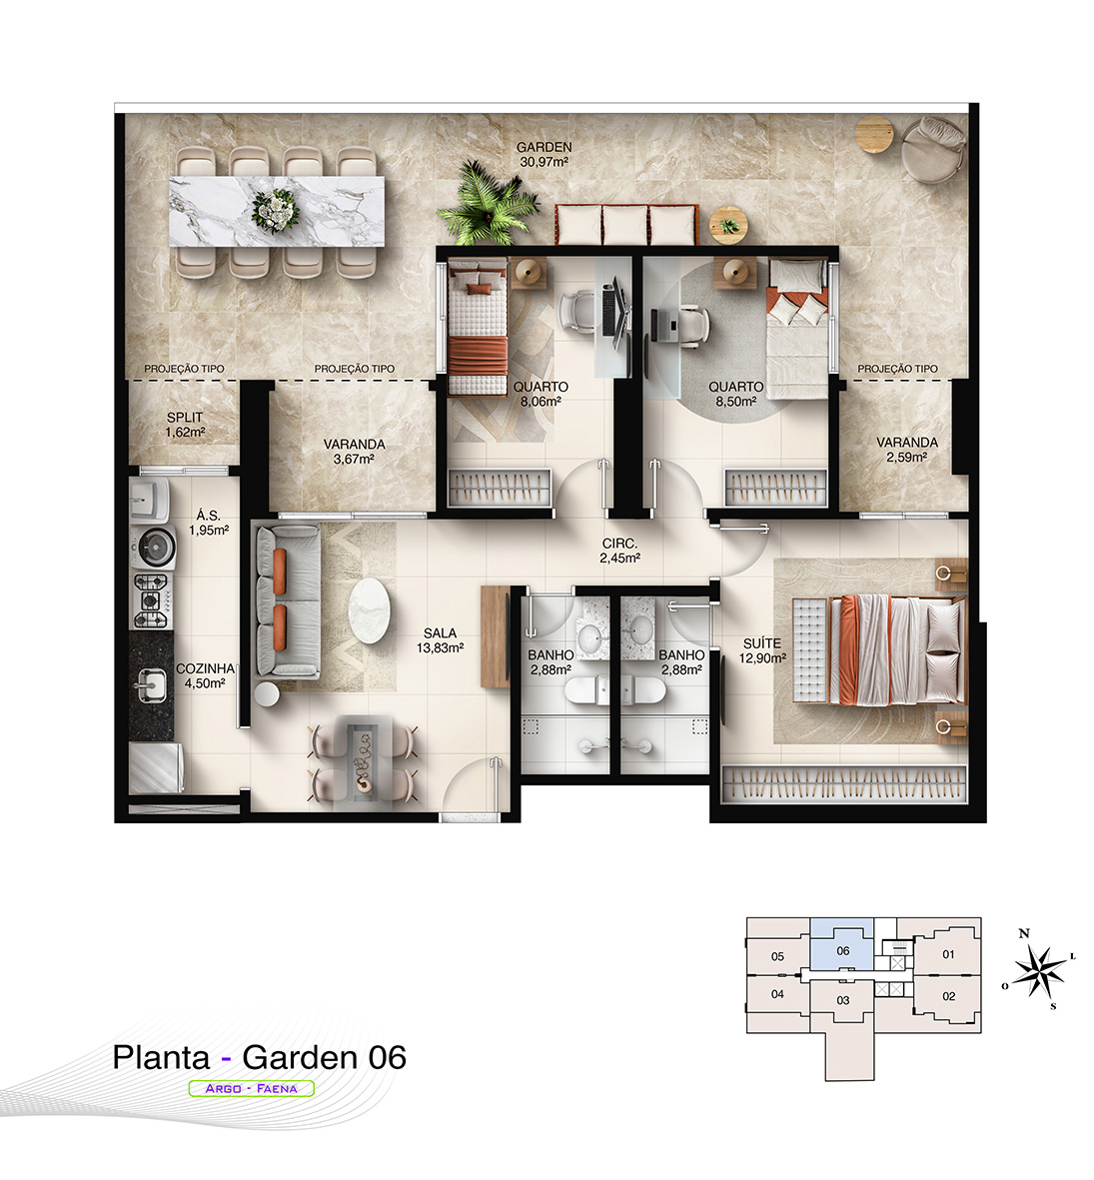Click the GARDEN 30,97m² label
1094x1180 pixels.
pyautogui.click(x=544, y=154)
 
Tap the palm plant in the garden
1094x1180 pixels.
pyautogui.click(x=490, y=203)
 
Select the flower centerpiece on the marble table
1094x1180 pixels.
pyautogui.click(x=276, y=209)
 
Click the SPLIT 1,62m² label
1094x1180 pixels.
pyautogui.click(x=185, y=425)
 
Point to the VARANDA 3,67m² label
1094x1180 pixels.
pyautogui.click(x=355, y=452)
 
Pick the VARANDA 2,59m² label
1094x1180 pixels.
pyautogui.click(x=906, y=450)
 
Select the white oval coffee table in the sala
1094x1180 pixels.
pyautogui.click(x=371, y=610)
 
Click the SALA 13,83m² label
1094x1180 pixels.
pyautogui.click(x=441, y=640)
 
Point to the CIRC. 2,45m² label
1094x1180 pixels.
pyautogui.click(x=620, y=551)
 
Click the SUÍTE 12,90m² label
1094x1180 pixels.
pyautogui.click(x=762, y=650)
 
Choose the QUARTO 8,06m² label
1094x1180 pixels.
pyautogui.click(x=541, y=394)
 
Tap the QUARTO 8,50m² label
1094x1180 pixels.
pyautogui.click(x=736, y=394)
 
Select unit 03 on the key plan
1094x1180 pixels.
pyautogui.click(x=843, y=1000)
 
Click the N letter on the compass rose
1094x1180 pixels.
pyautogui.click(x=1024, y=933)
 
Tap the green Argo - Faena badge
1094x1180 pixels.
pyautogui.click(x=252, y=1088)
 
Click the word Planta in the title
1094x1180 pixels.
pyautogui.click(x=161, y=1057)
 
